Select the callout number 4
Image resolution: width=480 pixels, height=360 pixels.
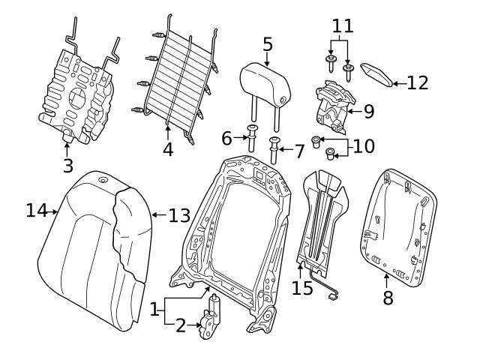(x=168, y=149)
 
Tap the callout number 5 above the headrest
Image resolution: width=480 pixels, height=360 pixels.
(x=268, y=44)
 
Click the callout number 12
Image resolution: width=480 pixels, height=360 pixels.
(x=418, y=82)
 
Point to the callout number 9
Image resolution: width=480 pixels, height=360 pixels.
(x=368, y=112)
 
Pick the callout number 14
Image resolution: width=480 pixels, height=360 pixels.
(x=37, y=211)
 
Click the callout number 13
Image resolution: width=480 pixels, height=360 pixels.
(x=179, y=216)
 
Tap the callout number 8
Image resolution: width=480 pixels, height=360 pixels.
(x=388, y=298)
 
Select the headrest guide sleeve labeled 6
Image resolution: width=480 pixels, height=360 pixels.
(x=250, y=139)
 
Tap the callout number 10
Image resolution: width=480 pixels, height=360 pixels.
(x=364, y=145)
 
